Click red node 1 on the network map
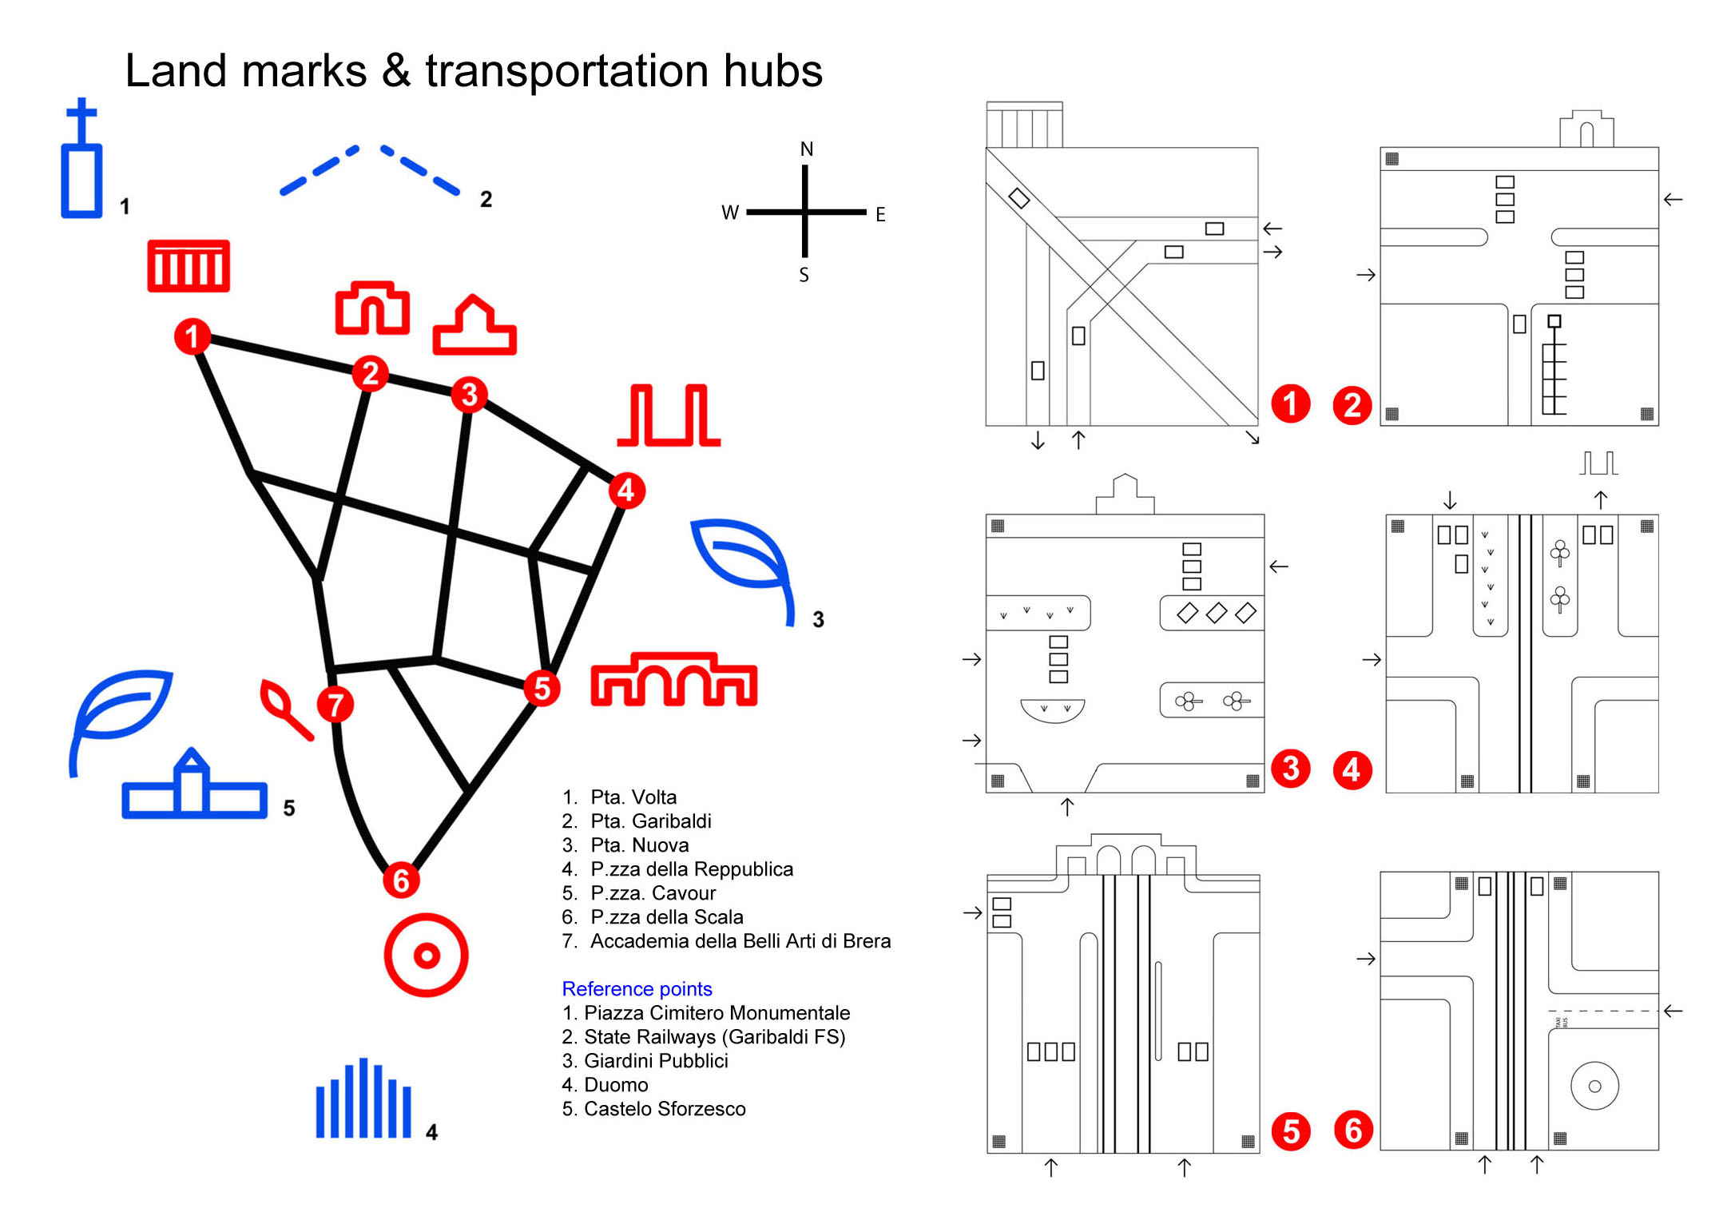click(x=193, y=336)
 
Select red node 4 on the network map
click(x=626, y=490)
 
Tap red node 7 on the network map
click(x=335, y=705)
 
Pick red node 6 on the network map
click(x=401, y=880)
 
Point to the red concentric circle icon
click(x=426, y=955)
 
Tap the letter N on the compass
click(x=807, y=149)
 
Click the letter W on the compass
click(x=730, y=213)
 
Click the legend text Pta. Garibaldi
click(x=650, y=821)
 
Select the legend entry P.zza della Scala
click(x=666, y=917)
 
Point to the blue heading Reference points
click(x=637, y=989)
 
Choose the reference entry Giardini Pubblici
click(x=656, y=1061)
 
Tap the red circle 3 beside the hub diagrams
click(x=1291, y=769)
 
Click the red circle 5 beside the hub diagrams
click(x=1291, y=1131)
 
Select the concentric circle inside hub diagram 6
click(x=1594, y=1086)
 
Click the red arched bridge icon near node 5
click(x=673, y=681)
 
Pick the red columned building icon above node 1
click(x=189, y=266)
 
